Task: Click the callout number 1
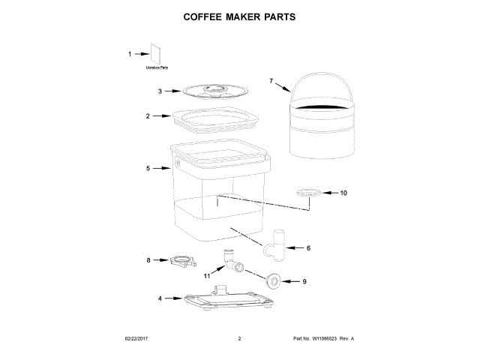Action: point(129,54)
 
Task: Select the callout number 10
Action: point(344,193)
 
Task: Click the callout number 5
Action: point(148,169)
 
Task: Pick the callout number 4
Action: point(159,298)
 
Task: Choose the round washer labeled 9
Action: point(274,281)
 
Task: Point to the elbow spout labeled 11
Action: point(230,259)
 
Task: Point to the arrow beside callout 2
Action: point(161,116)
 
